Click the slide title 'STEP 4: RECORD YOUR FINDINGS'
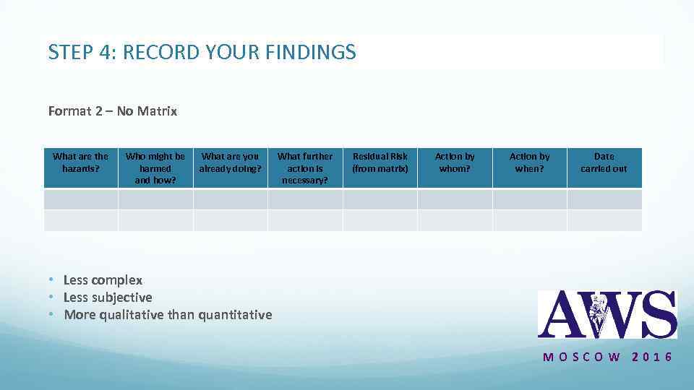[x=202, y=52]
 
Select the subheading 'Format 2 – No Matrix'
[x=113, y=111]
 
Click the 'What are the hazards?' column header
[x=80, y=162]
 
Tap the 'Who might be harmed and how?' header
[x=155, y=168]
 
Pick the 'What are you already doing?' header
[x=230, y=162]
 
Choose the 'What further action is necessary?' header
[x=305, y=168]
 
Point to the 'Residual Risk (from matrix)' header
[x=380, y=162]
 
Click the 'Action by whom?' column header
[x=455, y=162]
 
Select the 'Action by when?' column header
[x=529, y=162]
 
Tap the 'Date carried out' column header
[x=604, y=162]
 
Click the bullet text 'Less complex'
[x=103, y=280]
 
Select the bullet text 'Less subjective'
[x=108, y=298]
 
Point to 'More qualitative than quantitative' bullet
[x=168, y=315]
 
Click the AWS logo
[x=607, y=314]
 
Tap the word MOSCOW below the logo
[x=581, y=357]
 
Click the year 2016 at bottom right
[x=652, y=357]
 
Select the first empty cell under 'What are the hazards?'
[x=80, y=199]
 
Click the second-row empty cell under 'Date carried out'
[x=604, y=220]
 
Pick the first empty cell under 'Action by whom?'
[x=455, y=199]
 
